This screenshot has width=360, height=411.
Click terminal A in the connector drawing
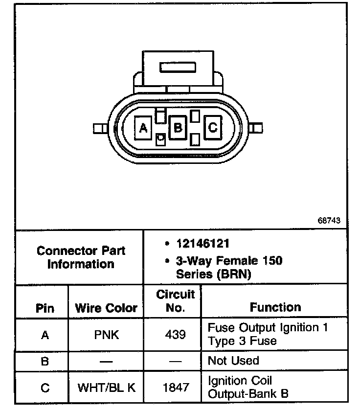(143, 128)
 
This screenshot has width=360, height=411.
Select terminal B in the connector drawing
(178, 128)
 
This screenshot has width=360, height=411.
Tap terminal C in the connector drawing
(213, 128)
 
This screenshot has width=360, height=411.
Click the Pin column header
(45, 309)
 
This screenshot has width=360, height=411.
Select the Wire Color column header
(106, 309)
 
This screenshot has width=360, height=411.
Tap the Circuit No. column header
(176, 301)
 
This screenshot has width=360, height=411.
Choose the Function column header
(275, 307)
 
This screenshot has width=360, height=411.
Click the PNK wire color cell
(106, 335)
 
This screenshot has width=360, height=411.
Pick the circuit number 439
(176, 335)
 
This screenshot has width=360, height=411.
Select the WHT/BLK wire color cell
(106, 388)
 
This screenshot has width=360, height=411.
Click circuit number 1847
(176, 388)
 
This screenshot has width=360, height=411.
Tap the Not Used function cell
(233, 361)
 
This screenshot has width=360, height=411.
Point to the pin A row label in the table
(45, 335)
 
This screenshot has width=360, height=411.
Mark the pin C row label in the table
(45, 388)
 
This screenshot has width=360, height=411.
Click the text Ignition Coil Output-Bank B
(248, 387)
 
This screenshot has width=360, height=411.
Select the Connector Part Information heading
(81, 257)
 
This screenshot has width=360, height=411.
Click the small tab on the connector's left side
(99, 129)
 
